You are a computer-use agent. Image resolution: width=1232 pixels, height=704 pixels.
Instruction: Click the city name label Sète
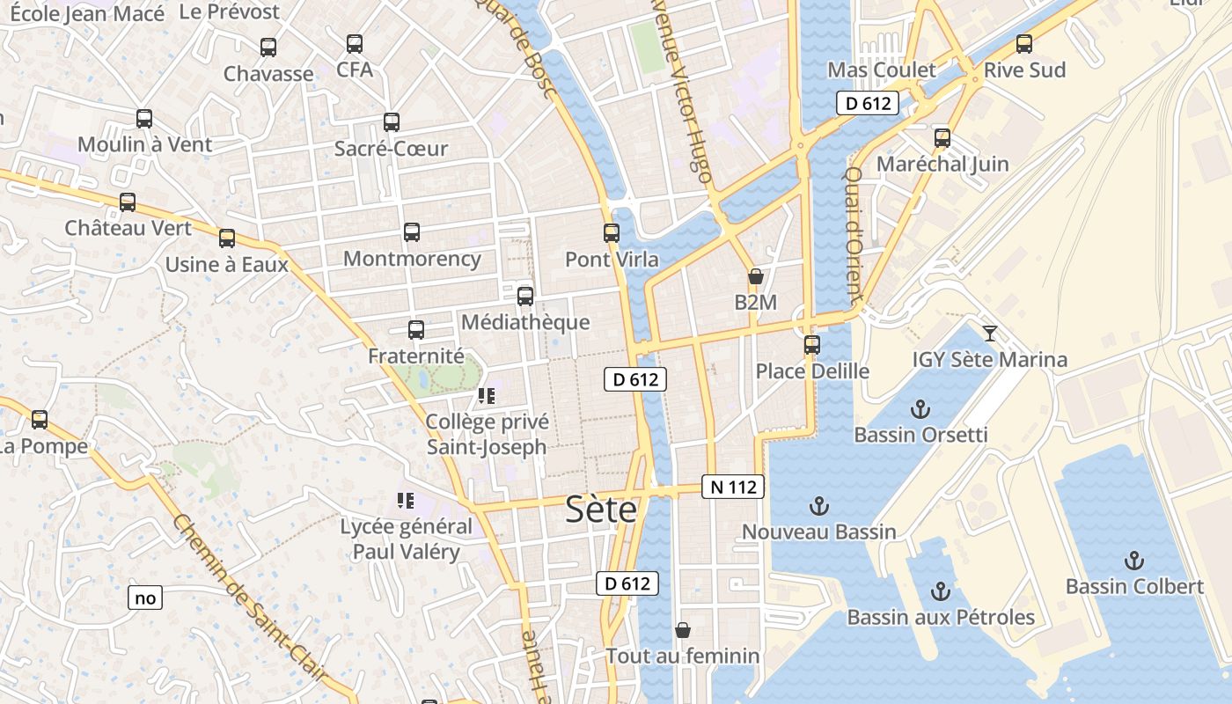601,509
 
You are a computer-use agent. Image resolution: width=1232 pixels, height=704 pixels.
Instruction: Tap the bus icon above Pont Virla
612,233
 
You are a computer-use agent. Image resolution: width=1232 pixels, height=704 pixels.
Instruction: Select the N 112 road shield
733,487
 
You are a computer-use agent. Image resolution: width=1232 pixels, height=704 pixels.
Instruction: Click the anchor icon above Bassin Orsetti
920,409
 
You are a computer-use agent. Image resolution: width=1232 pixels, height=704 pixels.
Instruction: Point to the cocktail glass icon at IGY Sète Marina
990,333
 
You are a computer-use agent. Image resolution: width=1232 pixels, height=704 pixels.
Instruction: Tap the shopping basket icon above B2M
755,276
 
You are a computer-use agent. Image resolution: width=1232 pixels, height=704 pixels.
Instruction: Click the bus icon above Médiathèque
525,297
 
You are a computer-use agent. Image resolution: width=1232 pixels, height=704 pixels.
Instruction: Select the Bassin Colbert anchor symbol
1134,561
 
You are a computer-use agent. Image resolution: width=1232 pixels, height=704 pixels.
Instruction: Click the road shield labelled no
145,598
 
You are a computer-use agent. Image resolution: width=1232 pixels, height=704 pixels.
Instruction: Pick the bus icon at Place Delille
811,345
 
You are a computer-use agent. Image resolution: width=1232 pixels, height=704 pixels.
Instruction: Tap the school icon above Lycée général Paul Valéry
406,501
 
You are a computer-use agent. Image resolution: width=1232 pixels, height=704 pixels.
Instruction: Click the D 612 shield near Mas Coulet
867,103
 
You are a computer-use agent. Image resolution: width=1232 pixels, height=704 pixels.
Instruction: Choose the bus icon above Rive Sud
1023,44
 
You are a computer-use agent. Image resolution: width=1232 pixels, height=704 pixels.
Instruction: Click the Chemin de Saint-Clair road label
251,598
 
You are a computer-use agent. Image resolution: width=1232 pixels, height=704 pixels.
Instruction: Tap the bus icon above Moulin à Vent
144,119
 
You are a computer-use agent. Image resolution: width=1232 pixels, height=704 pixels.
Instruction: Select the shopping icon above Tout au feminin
683,630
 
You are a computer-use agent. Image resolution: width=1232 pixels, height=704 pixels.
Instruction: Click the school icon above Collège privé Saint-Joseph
487,396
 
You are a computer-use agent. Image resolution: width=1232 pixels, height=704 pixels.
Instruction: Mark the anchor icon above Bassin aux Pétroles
941,591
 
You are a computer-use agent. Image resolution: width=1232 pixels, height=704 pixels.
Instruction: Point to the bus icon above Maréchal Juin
942,138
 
